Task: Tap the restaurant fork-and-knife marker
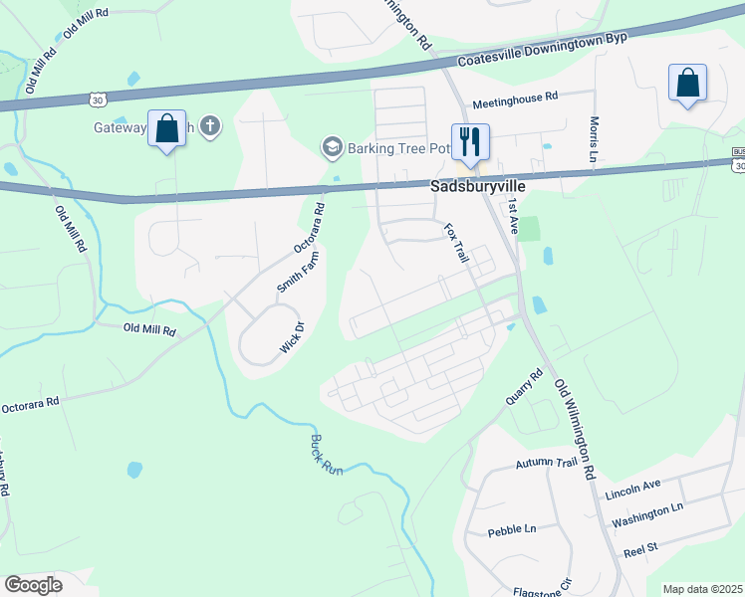(468, 141)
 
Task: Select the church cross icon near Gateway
(209, 126)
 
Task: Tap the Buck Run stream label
(326, 454)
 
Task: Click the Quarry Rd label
(522, 388)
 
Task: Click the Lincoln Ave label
(632, 490)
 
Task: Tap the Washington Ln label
(647, 513)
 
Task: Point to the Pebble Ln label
(512, 531)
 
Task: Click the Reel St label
(641, 547)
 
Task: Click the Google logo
(33, 585)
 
